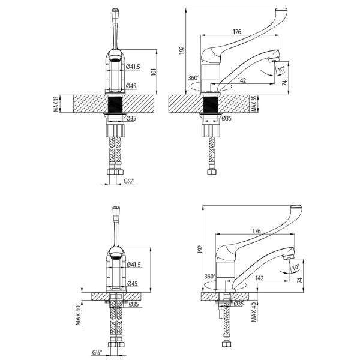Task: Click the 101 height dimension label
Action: pos(154,72)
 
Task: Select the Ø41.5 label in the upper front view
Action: pos(133,67)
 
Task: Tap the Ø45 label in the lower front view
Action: pos(132,284)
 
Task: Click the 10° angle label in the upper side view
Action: pos(281,70)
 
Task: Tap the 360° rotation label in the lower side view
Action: pos(208,277)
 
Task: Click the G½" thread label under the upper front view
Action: pos(129,181)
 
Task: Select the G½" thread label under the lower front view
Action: pos(97,352)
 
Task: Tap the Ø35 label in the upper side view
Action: pos(227,119)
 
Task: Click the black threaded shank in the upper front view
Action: pos(115,104)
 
